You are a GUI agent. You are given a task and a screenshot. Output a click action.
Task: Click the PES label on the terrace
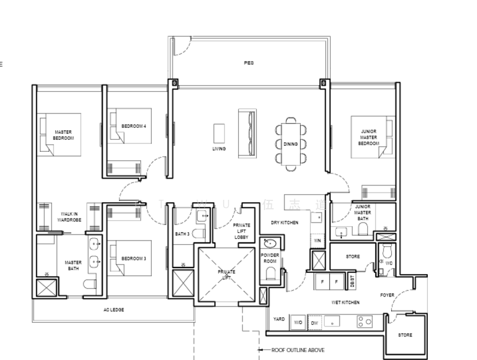pyautogui.click(x=248, y=62)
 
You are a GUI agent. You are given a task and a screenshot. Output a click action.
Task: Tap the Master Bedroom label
pyautogui.click(x=64, y=135)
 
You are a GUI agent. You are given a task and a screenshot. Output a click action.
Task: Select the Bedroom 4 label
pyautogui.click(x=133, y=126)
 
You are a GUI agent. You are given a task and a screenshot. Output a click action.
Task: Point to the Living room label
pyautogui.click(x=219, y=148)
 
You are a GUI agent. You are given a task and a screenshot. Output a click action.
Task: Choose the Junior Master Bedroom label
pyautogui.click(x=368, y=137)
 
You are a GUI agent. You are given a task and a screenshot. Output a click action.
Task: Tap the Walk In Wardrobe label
pyautogui.click(x=69, y=217)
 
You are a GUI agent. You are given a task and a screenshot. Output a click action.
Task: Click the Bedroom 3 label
pyautogui.click(x=134, y=259)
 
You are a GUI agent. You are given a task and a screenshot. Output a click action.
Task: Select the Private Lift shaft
pyautogui.click(x=226, y=275)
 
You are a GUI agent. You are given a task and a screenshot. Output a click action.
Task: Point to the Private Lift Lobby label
pyautogui.click(x=241, y=231)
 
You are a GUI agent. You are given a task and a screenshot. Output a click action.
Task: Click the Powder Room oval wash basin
pyautogui.click(x=270, y=244)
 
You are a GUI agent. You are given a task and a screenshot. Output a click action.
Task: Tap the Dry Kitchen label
pyautogui.click(x=284, y=223)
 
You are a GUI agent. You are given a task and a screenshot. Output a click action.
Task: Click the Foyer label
pyautogui.click(x=387, y=295)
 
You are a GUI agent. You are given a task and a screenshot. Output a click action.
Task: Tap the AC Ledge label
pyautogui.click(x=113, y=310)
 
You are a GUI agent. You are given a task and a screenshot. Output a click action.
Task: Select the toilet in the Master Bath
pyautogui.click(x=89, y=284)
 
